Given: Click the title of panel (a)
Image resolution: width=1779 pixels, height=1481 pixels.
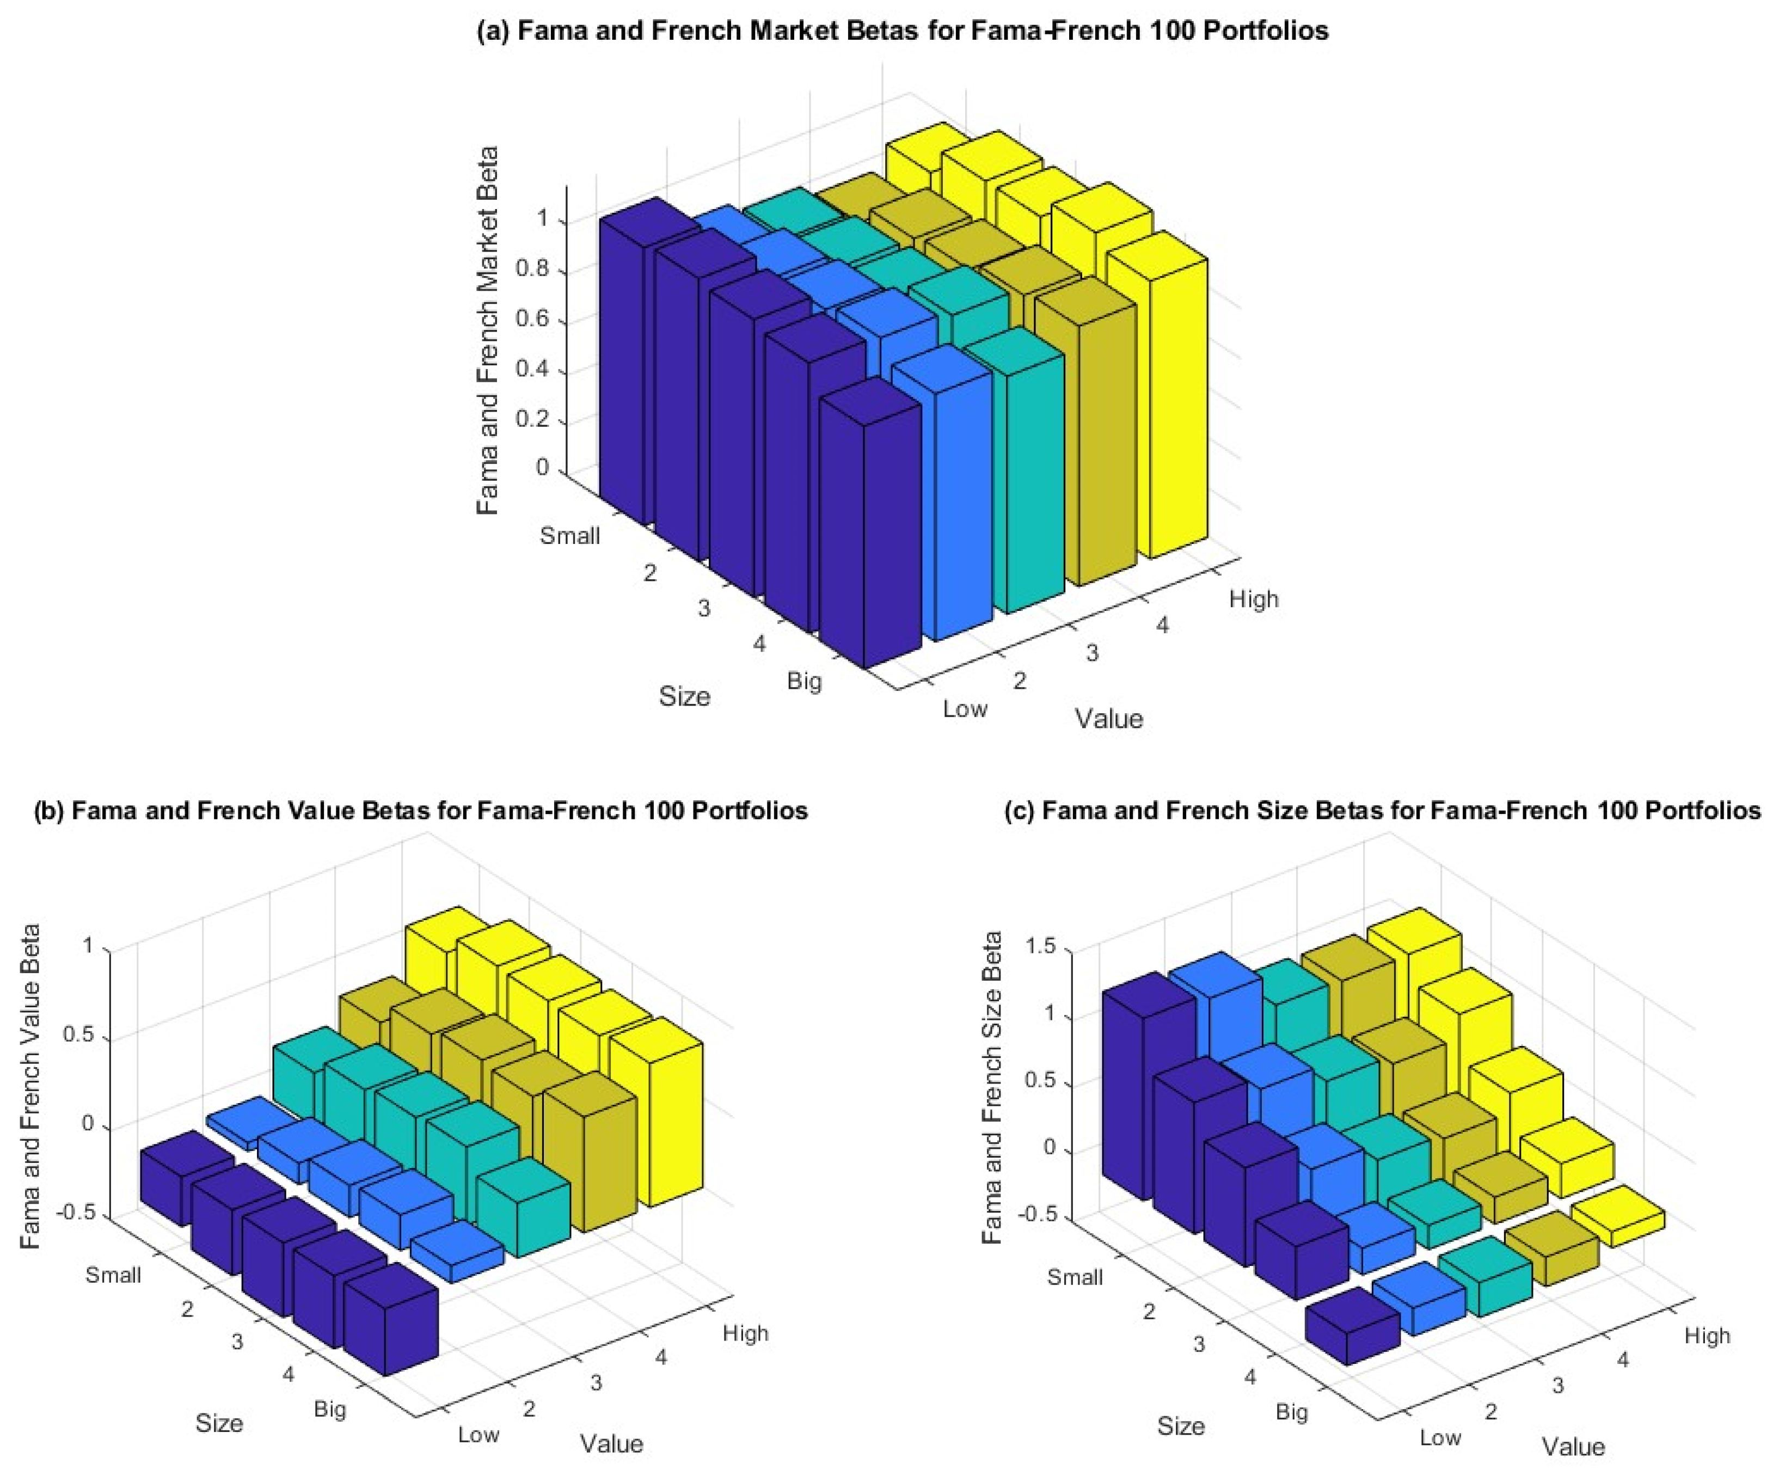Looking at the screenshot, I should (902, 32).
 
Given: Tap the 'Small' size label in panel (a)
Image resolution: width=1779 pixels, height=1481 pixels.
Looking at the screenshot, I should (570, 535).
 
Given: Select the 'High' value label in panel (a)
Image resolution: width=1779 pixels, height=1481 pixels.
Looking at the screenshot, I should (1253, 599).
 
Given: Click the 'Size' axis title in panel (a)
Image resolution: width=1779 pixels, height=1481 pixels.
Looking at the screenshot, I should (684, 696).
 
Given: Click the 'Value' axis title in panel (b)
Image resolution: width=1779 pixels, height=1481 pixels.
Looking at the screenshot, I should (612, 1443).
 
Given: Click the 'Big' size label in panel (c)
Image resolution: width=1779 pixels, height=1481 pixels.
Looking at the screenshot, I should (1292, 1411).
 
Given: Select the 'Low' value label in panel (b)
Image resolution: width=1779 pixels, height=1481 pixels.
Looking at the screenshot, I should (479, 1434).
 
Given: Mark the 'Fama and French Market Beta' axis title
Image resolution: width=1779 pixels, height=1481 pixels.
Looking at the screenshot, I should (488, 331).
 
